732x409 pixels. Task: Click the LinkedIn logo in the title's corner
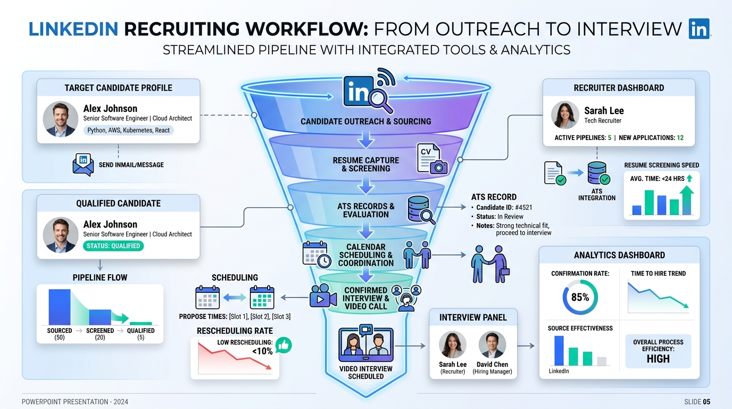coord(699,29)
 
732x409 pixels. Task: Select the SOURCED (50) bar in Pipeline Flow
coord(60,307)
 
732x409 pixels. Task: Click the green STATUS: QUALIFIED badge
coord(113,246)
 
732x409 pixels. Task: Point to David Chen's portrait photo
coord(492,345)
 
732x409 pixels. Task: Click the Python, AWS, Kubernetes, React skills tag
coord(128,130)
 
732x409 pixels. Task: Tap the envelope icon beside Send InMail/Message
coord(83,165)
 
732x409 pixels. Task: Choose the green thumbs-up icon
coord(284,345)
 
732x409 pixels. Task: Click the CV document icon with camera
coord(432,159)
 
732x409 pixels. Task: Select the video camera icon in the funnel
coord(323,296)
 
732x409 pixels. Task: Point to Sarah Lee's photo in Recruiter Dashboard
coord(565,115)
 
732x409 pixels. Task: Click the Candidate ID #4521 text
coord(504,208)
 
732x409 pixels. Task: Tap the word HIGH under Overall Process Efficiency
coord(658,359)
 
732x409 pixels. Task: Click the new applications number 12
coord(680,138)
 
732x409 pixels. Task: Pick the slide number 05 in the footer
coord(706,402)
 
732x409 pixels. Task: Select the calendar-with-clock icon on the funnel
coord(317,255)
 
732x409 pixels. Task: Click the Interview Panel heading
coord(473,317)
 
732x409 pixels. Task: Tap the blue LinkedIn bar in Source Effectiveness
coord(559,351)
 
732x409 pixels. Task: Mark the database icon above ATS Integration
coord(598,173)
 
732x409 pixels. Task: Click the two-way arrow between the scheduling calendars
coord(235,297)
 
